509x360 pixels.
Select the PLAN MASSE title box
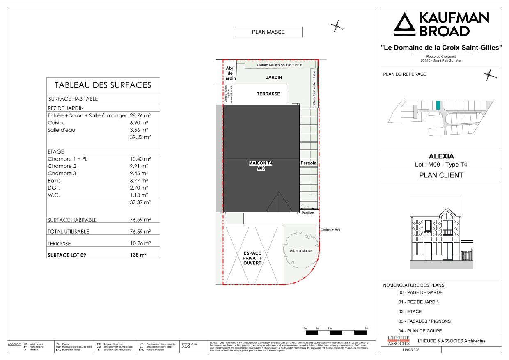[x=268, y=32]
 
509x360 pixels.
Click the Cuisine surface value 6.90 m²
[x=139, y=123]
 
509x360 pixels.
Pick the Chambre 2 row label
[x=62, y=166]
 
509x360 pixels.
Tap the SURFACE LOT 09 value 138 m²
[x=138, y=255]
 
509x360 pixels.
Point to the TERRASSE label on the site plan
[x=268, y=94]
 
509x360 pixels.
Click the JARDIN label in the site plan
[x=274, y=78]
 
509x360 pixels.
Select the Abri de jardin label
[x=230, y=73]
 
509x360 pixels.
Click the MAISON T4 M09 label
[x=261, y=165]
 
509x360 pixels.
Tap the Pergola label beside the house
[x=308, y=163]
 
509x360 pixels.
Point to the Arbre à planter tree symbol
[x=298, y=250]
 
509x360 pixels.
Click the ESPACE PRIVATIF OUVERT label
[x=252, y=258]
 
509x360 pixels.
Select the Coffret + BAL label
[x=331, y=230]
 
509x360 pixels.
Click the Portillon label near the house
[x=307, y=213]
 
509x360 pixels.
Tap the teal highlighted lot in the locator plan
[x=438, y=105]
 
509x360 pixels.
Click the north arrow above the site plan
[x=337, y=27]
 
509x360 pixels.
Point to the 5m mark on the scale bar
[x=366, y=328]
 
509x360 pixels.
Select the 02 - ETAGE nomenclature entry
[x=410, y=312]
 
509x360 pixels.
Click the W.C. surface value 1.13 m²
[x=139, y=195]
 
